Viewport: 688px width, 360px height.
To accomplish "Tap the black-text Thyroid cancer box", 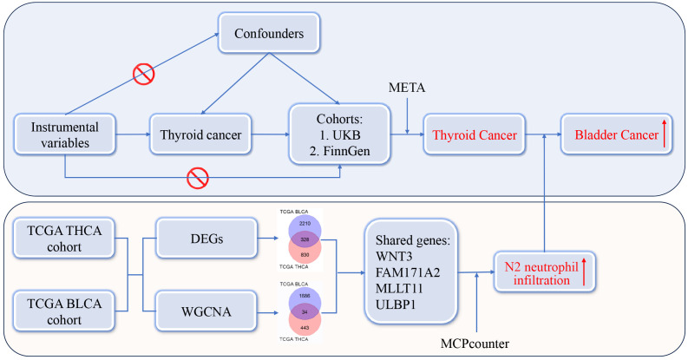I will coord(200,135).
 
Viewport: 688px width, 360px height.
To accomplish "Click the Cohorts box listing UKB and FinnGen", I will coord(339,135).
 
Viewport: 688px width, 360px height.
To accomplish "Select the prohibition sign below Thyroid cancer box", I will coord(199,178).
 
